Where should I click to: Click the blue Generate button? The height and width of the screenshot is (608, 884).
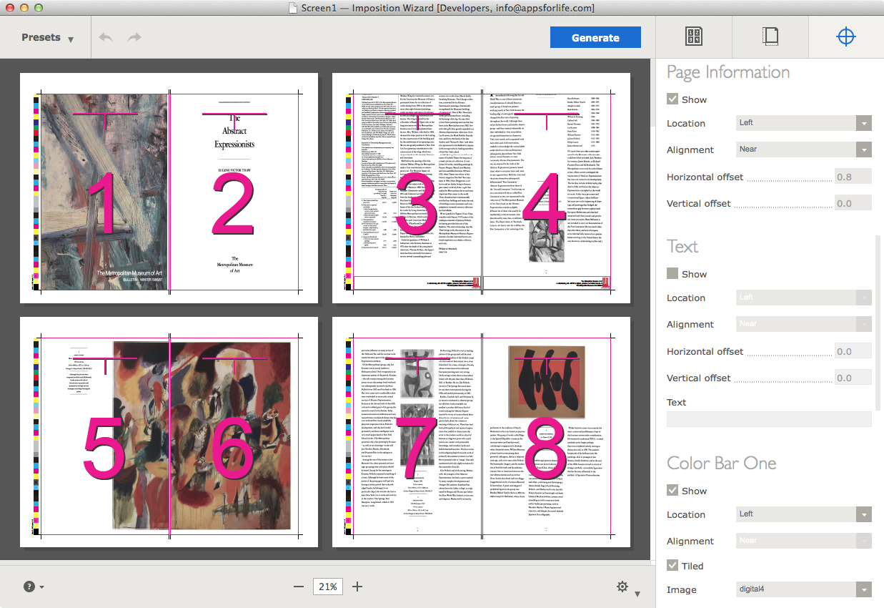(595, 38)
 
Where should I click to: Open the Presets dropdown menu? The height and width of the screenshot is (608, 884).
(47, 38)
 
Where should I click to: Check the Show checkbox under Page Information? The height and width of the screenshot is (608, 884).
(672, 99)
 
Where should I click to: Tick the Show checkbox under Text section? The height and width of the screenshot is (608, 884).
(672, 274)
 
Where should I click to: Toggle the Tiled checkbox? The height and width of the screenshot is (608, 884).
(672, 566)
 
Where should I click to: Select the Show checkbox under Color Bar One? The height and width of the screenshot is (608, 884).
(672, 491)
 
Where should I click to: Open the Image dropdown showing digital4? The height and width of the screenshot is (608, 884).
(804, 590)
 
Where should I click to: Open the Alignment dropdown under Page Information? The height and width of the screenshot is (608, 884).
(804, 149)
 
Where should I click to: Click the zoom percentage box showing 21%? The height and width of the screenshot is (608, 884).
(328, 587)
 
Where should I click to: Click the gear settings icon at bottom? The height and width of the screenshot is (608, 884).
(622, 587)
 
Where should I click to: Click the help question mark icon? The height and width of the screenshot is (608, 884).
(29, 587)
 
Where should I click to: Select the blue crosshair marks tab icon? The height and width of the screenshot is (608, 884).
(846, 37)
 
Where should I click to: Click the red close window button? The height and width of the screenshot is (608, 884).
(9, 8)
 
